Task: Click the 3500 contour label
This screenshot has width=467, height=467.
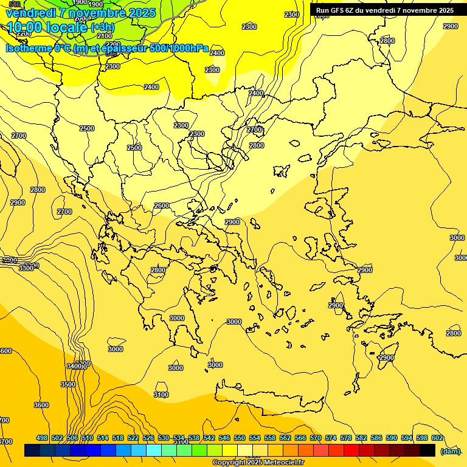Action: tap(68, 384)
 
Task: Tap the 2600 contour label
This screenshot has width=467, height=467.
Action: tap(162, 206)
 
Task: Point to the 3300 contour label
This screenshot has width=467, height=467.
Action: tap(26, 268)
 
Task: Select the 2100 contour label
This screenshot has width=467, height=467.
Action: tap(105, 36)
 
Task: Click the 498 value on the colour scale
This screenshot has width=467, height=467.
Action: tap(42, 438)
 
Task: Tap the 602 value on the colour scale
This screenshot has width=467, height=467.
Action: tap(437, 438)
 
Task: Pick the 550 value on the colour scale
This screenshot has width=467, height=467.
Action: tap(240, 438)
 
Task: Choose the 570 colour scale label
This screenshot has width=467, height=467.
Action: tap(316, 438)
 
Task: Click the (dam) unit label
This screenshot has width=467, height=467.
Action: tap(451, 451)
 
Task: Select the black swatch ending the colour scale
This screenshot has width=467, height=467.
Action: tap(427, 451)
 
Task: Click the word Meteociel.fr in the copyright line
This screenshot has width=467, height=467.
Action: tap(284, 463)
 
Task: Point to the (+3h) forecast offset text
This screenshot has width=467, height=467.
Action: tap(103, 27)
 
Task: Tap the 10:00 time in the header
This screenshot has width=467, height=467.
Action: tap(24, 27)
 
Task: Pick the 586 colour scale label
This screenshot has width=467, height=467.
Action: tap(376, 438)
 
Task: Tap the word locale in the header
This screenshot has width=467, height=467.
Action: tap(66, 27)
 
